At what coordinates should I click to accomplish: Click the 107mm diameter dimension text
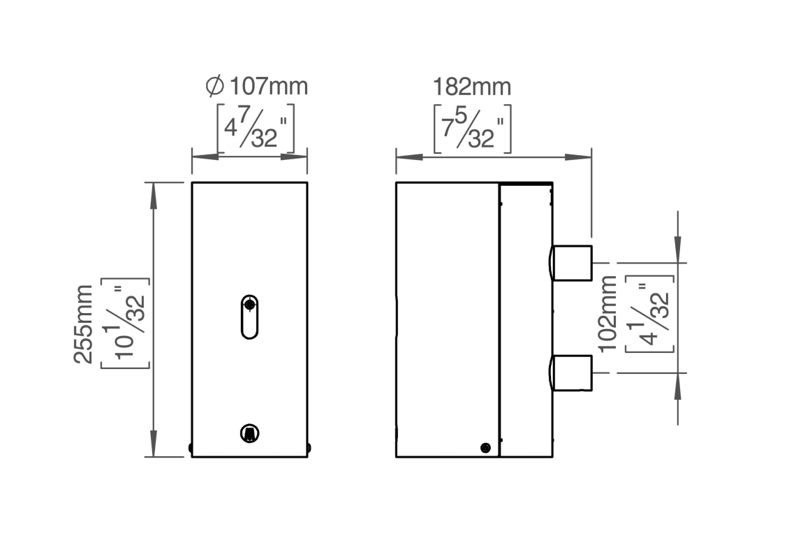pos(269,87)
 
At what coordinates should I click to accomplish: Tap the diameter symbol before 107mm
pos(215,86)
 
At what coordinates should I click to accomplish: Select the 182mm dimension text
pos(472,87)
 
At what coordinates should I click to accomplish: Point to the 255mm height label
pos(84,324)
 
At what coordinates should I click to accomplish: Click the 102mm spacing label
pos(607,314)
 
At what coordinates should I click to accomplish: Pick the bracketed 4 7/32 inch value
pos(256,129)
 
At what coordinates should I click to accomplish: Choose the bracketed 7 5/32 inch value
pos(473,129)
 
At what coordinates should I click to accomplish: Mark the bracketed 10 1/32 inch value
pos(126,323)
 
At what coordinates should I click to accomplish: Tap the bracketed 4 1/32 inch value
pos(649,313)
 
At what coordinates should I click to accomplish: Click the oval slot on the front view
pos(249,317)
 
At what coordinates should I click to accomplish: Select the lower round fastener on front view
pos(249,433)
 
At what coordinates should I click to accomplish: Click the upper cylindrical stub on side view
pos(572,263)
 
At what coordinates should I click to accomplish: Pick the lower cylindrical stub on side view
pos(572,372)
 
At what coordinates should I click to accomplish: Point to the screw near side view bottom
pos(485,447)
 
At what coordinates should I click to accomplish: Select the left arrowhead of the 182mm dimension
pos(409,157)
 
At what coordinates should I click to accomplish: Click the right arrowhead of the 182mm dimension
pos(578,157)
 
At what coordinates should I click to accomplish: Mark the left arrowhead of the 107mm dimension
pos(205,157)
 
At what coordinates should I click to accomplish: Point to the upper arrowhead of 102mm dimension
pos(678,249)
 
